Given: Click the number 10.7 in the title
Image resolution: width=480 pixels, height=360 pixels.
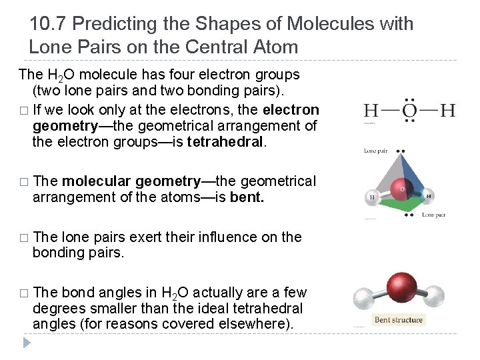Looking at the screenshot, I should pyautogui.click(x=48, y=24).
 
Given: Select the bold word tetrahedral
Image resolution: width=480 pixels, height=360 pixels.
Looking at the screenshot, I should pyautogui.click(x=226, y=141).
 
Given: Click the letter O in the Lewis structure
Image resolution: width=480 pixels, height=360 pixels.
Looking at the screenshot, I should pyautogui.click(x=410, y=109).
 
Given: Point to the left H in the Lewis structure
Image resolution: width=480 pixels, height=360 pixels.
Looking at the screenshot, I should pyautogui.click(x=371, y=109).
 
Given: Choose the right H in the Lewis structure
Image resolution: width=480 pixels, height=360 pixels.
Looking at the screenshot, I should pyautogui.click(x=447, y=109).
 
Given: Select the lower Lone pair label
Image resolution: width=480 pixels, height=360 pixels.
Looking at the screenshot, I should pyautogui.click(x=433, y=215).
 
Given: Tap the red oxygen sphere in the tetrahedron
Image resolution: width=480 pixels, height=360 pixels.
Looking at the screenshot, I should pyautogui.click(x=401, y=189).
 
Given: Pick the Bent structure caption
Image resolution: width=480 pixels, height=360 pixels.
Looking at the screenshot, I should pyautogui.click(x=399, y=320).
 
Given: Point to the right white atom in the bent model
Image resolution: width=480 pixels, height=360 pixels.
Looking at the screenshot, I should pyautogui.click(x=433, y=295).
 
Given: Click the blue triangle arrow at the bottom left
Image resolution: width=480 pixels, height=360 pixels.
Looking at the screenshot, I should pyautogui.click(x=27, y=343).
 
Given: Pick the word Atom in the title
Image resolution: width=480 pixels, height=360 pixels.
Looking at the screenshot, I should pyautogui.click(x=276, y=47).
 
